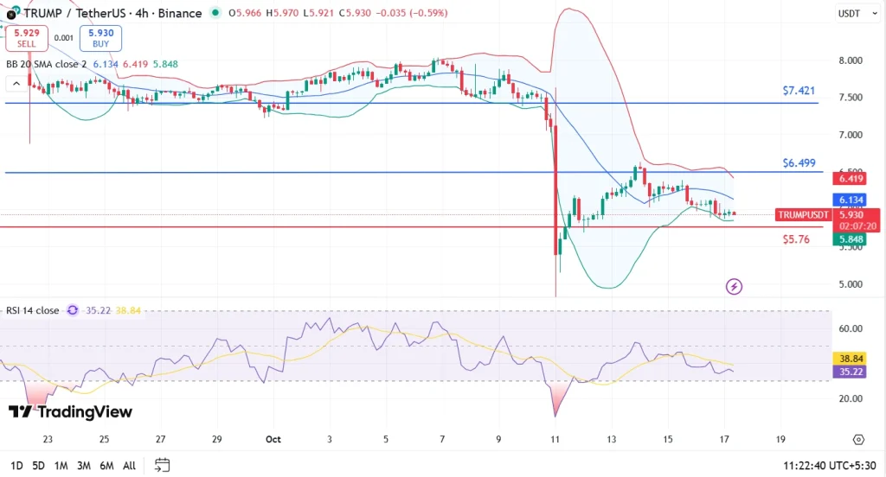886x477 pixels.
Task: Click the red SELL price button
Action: coord(24,38)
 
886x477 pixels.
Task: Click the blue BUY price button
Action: coord(100,38)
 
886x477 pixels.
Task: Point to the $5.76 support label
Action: coord(795,239)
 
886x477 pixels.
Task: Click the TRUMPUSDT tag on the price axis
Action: coord(803,214)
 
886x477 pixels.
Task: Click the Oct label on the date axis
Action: coord(273,439)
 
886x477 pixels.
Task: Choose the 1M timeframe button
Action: coord(61,466)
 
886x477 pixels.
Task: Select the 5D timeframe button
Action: coord(39,466)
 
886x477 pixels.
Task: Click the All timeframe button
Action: coord(129,466)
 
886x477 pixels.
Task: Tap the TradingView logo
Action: coord(70,411)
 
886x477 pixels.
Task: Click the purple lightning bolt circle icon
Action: coord(734,286)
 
